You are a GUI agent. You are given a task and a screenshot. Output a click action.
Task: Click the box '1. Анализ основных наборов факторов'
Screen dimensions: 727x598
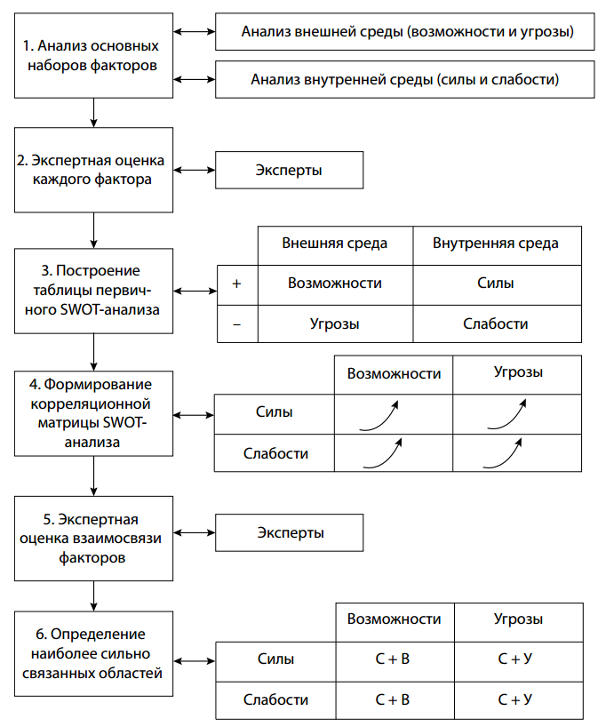[x=93, y=55]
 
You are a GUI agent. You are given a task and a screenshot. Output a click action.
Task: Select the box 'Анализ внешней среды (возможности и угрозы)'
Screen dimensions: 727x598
[x=405, y=33]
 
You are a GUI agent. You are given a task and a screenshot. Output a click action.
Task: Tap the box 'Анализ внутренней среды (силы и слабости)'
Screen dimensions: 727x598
[x=405, y=79]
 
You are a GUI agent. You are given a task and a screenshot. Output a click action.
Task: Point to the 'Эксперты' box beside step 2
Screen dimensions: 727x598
[x=290, y=170]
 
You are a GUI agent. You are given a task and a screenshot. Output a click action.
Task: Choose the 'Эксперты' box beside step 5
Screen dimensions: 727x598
[x=290, y=533]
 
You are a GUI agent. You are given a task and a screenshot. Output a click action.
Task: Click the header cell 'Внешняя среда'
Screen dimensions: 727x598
[x=335, y=243]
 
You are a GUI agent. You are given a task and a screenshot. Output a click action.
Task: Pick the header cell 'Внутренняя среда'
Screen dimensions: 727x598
[x=495, y=243]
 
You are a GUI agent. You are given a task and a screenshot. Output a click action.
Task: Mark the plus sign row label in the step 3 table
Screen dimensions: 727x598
[x=236, y=284]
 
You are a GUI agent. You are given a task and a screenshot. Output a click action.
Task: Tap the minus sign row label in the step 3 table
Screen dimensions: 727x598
[x=236, y=324]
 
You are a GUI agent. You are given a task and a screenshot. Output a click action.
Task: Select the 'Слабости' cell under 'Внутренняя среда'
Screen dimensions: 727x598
[x=495, y=324]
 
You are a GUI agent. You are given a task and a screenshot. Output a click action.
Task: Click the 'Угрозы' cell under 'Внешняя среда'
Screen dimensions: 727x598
[x=335, y=324]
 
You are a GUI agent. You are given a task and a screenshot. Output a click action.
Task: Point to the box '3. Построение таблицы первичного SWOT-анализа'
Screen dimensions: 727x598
[x=93, y=290]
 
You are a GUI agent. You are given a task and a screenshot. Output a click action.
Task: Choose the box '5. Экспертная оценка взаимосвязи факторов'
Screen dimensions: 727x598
[x=93, y=539]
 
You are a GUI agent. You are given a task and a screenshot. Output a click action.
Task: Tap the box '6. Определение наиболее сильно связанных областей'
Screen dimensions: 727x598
[x=93, y=653]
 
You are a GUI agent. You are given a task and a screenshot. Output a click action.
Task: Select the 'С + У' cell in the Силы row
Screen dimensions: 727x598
[x=516, y=659]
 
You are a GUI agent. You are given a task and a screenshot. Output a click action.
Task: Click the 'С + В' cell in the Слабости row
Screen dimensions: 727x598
[x=393, y=699]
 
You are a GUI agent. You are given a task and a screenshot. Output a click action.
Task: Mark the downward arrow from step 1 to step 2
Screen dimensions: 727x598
[x=93, y=112]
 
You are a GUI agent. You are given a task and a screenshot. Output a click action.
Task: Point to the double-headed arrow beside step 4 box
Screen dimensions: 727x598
[x=194, y=413]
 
